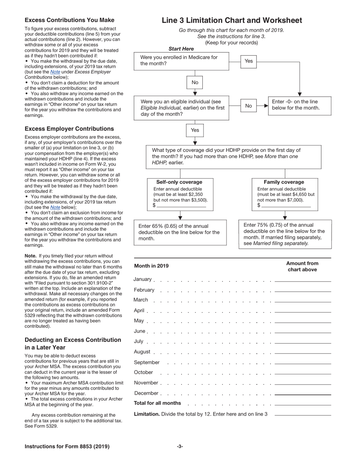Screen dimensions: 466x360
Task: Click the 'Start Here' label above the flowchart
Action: pyautogui.click(x=181, y=49)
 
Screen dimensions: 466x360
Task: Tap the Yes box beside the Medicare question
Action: pyautogui.click(x=249, y=61)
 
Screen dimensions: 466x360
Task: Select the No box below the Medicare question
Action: pyautogui.click(x=195, y=82)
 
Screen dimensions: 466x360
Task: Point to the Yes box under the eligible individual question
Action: pyautogui.click(x=195, y=130)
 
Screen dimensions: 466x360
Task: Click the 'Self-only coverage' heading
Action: pyautogui.click(x=179, y=182)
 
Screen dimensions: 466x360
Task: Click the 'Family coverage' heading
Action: pyautogui.click(x=284, y=182)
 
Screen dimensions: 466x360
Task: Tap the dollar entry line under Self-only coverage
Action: pyautogui.click(x=181, y=206)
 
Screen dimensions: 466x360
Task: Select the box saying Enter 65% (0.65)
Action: pyautogui.click(x=180, y=232)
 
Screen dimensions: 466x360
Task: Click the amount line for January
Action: pyautogui.click(x=303, y=281)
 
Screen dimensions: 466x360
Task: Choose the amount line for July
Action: pyautogui.click(x=303, y=342)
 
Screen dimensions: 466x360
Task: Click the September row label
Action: pyautogui.click(x=147, y=363)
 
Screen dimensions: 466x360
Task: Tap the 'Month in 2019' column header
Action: pyautogui.click(x=151, y=266)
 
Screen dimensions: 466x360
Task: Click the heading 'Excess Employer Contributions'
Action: pyautogui.click(x=69, y=129)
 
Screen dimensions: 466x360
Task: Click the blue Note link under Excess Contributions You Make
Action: pyautogui.click(x=55, y=72)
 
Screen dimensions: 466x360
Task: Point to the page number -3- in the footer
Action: pyautogui.click(x=180, y=447)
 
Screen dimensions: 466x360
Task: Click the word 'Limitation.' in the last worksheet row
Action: pyautogui.click(x=147, y=414)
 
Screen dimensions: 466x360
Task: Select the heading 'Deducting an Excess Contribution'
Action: pyautogui.click(x=73, y=340)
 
